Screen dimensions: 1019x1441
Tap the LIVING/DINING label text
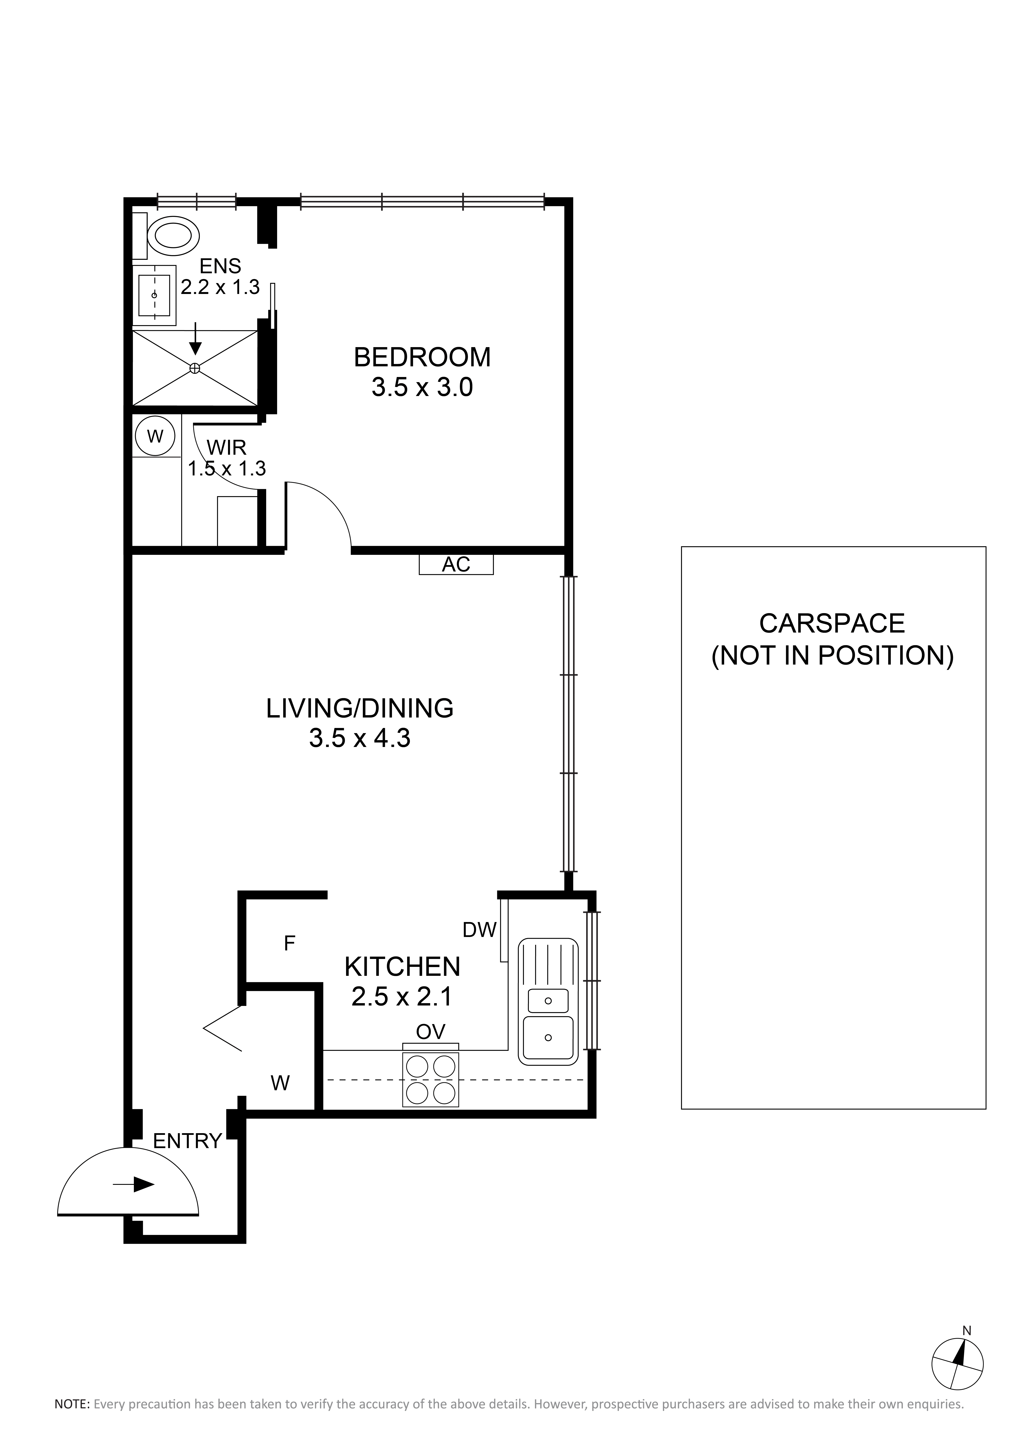pyautogui.click(x=360, y=709)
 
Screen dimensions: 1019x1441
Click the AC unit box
pyautogui.click(x=456, y=564)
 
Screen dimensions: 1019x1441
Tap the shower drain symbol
pyautogui.click(x=194, y=368)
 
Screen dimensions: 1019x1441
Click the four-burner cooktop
pyautogui.click(x=430, y=1080)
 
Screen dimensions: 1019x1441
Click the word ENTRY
pyautogui.click(x=188, y=1141)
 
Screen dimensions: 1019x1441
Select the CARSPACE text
pyautogui.click(x=832, y=623)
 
